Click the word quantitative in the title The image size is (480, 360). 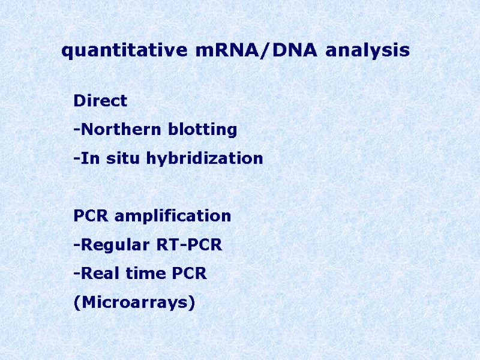126,51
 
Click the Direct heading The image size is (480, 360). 100,101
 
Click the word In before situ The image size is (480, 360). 86,158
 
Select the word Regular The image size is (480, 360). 110,245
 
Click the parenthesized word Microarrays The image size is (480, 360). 134,303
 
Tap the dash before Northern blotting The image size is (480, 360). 76,130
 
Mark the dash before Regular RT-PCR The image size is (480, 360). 76,245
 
